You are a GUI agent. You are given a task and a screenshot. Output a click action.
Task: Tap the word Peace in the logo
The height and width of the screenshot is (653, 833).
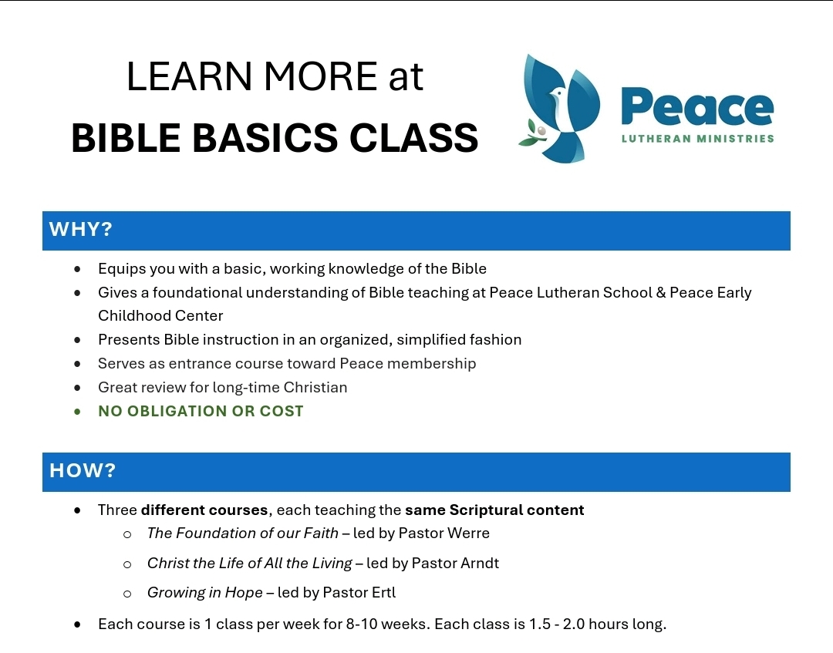(696, 107)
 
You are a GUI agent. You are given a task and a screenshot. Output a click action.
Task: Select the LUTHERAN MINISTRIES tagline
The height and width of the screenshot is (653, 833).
(697, 140)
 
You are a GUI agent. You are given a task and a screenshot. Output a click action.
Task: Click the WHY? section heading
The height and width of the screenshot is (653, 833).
(81, 230)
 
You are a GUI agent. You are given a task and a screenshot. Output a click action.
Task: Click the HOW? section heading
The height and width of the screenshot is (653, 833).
(83, 470)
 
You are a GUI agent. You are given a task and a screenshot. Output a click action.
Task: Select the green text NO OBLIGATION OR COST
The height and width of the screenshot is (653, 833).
(201, 411)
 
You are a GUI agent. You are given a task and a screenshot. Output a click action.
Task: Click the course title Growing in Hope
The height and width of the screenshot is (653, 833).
(205, 592)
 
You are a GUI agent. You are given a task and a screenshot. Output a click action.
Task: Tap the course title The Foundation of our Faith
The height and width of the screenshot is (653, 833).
(243, 533)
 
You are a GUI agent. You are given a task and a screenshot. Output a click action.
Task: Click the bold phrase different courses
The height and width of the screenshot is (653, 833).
(204, 510)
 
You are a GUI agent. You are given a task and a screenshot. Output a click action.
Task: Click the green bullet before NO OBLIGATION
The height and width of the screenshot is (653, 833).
(77, 412)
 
